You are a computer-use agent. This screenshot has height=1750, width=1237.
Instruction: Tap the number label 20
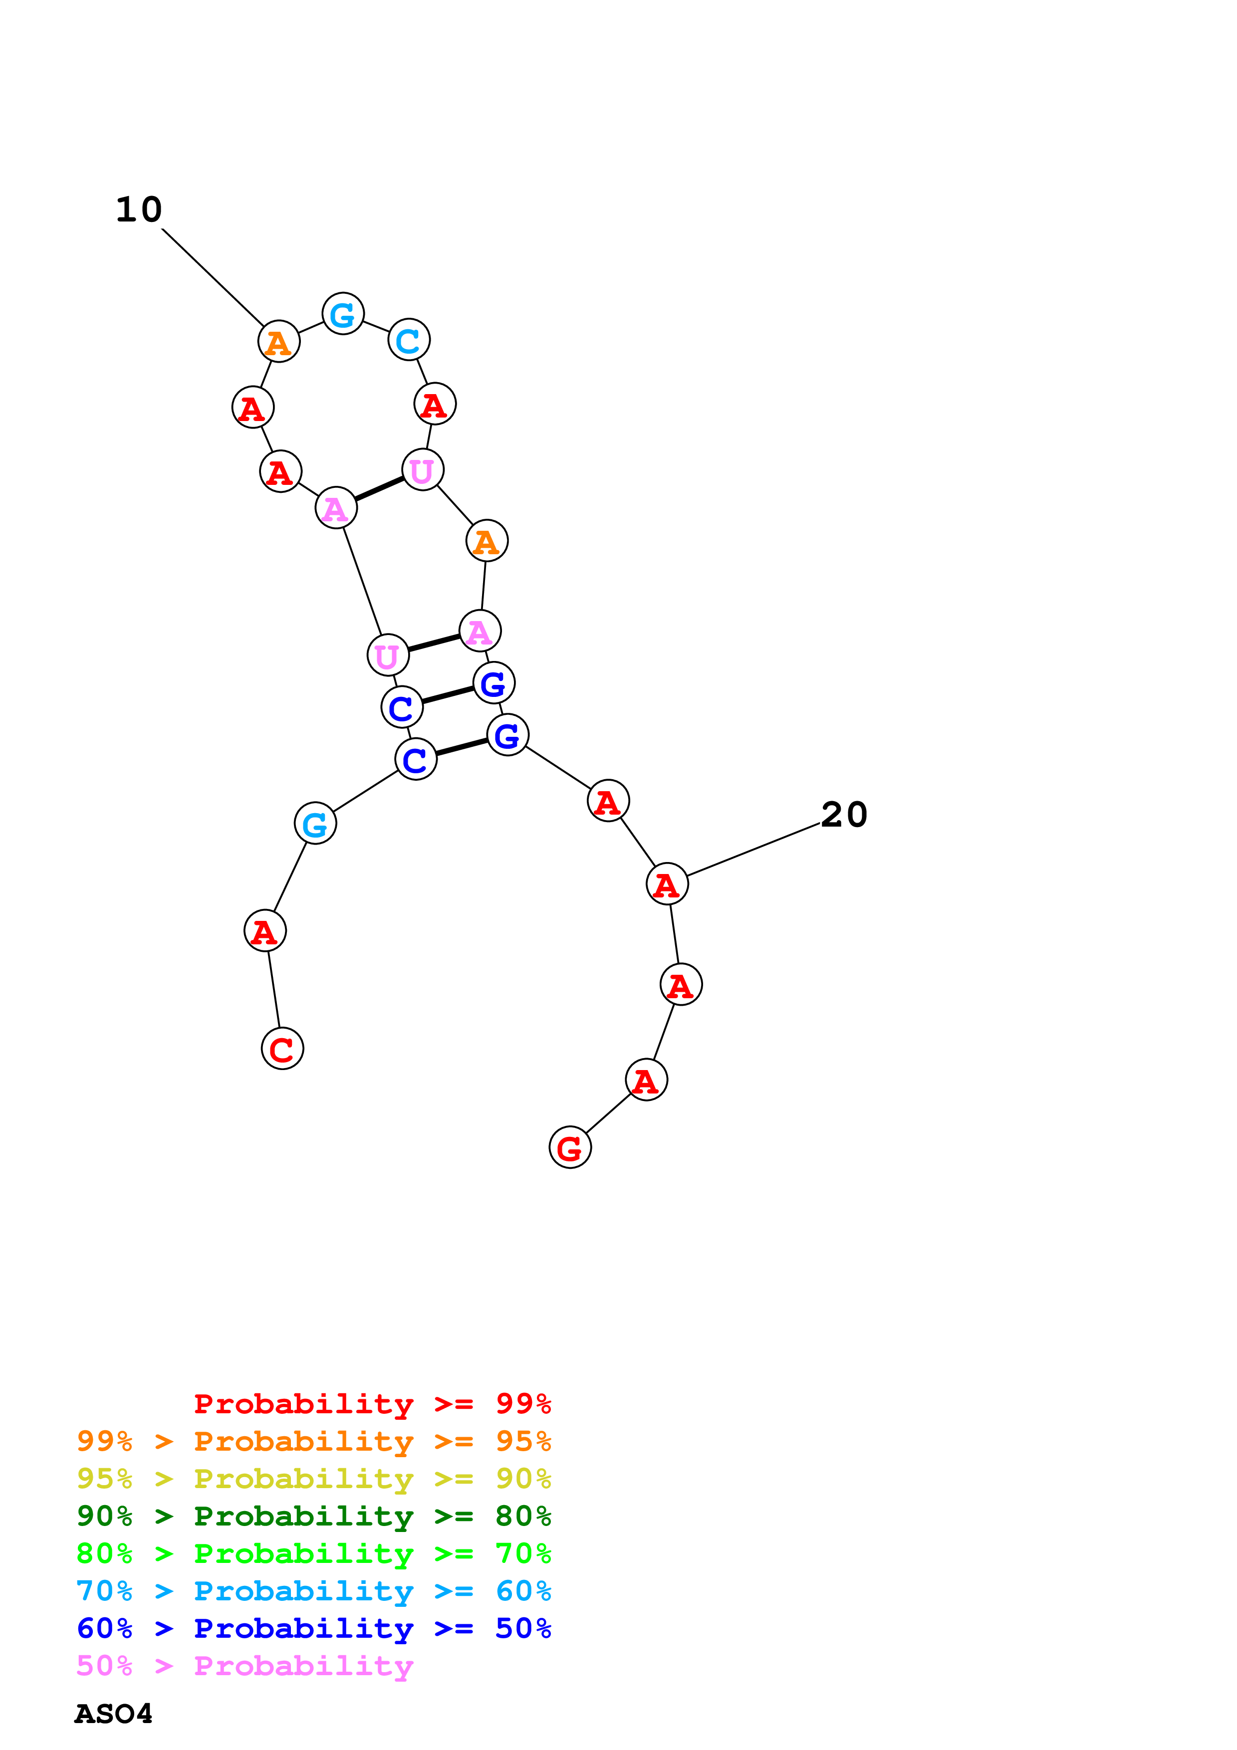click(x=844, y=815)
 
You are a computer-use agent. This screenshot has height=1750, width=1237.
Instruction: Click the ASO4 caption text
click(x=114, y=1714)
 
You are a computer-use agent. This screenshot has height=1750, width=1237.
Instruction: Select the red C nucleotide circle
click(x=282, y=1049)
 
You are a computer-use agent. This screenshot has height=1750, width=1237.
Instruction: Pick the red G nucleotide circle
click(x=570, y=1147)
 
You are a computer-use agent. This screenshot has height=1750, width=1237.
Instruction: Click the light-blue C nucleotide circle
click(x=409, y=340)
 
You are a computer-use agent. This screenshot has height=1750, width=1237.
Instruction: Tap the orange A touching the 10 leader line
click(x=279, y=341)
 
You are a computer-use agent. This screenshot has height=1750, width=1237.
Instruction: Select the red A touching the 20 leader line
click(x=667, y=884)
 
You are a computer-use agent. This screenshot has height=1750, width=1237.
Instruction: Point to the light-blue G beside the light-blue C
click(x=343, y=313)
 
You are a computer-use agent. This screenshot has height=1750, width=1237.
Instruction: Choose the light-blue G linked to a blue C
click(x=315, y=823)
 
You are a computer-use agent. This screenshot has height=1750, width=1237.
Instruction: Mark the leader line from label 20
click(x=753, y=850)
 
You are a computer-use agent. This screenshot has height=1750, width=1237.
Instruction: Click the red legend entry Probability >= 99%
click(x=372, y=1403)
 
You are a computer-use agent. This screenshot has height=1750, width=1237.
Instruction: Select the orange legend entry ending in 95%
click(x=313, y=1441)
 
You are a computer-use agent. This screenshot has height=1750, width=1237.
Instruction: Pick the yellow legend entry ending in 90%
click(x=313, y=1478)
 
